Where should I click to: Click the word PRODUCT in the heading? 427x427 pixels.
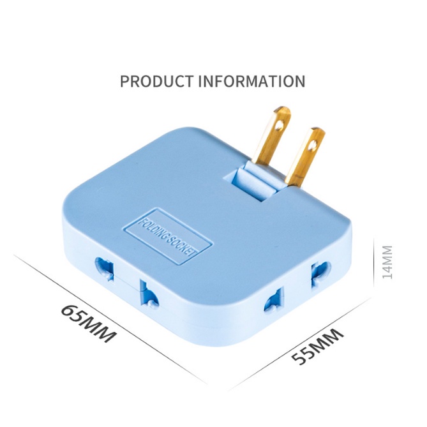click(x=156, y=81)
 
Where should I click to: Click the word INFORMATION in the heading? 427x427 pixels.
click(x=251, y=81)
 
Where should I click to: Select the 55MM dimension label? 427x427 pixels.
click(x=317, y=346)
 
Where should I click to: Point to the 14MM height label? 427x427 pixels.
click(x=387, y=262)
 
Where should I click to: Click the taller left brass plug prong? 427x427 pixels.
click(x=272, y=136)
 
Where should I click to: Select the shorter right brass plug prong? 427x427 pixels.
click(x=305, y=158)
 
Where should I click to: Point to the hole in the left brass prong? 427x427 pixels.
click(x=279, y=125)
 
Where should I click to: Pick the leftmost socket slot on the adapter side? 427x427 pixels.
click(x=104, y=268)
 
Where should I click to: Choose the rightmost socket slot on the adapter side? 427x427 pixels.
click(x=320, y=273)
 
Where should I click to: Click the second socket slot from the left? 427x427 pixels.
click(x=149, y=293)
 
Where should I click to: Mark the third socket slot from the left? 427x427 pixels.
click(x=274, y=299)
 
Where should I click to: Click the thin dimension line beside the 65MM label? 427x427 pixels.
click(x=110, y=318)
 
